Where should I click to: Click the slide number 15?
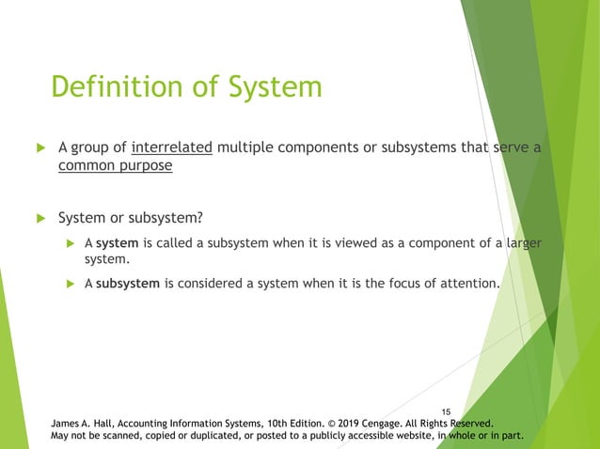tap(446, 410)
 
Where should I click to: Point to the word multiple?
tap(242, 147)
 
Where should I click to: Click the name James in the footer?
tap(68, 423)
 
